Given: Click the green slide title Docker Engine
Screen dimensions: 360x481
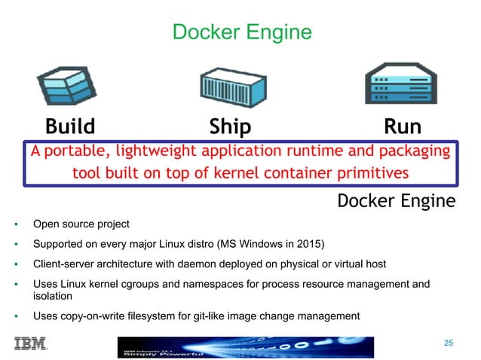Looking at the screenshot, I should point(241,32).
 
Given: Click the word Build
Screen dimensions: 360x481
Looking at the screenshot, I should point(70,125).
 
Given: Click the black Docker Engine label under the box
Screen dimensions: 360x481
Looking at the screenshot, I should point(396,200).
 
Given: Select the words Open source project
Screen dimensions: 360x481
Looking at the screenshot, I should point(81,224).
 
